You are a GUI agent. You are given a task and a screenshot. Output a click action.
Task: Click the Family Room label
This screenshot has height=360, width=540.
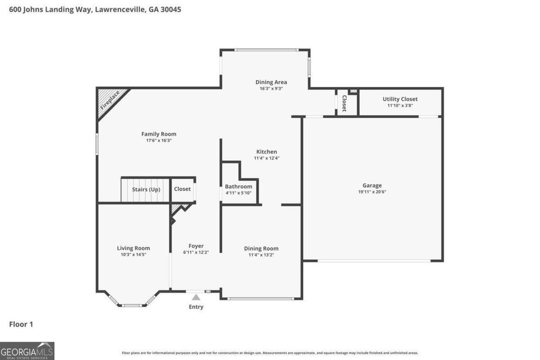159,134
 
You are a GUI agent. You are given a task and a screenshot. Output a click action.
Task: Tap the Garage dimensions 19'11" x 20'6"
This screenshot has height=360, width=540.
372,192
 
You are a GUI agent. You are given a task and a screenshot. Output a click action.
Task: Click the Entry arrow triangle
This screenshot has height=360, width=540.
196,298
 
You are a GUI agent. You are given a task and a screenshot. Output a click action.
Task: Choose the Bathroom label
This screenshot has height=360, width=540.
238,186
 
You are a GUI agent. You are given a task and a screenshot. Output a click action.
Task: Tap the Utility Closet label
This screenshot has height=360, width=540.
400,99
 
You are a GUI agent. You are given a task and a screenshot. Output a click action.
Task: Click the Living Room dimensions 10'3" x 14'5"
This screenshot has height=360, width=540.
133,255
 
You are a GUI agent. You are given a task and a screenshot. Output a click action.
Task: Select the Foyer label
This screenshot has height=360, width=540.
196,246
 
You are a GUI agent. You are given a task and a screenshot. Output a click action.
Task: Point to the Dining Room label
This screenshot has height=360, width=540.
261,248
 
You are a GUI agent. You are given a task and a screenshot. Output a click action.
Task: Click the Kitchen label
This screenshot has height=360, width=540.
266,152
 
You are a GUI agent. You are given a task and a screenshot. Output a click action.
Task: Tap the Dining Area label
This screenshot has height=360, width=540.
271,82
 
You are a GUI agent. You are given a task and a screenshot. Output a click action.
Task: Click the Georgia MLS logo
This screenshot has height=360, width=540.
27,351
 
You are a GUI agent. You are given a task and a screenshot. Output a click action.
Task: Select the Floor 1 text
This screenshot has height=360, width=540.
21,324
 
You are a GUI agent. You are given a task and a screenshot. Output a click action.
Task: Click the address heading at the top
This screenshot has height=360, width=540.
95,9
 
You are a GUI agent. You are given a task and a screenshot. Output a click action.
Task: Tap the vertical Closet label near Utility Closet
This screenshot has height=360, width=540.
344,103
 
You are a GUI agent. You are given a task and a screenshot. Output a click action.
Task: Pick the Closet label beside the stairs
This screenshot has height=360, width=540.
182,189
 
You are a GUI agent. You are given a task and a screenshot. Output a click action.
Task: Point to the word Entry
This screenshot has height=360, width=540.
196,307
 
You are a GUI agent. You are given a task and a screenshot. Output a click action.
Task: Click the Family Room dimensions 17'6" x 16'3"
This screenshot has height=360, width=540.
159,141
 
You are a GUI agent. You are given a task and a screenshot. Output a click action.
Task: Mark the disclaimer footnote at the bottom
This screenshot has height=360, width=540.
270,353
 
